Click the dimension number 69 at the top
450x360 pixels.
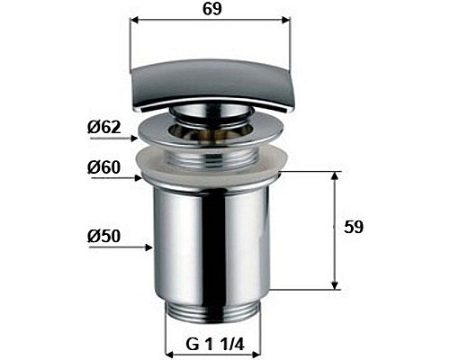(210, 11)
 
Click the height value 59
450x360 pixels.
(354, 228)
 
